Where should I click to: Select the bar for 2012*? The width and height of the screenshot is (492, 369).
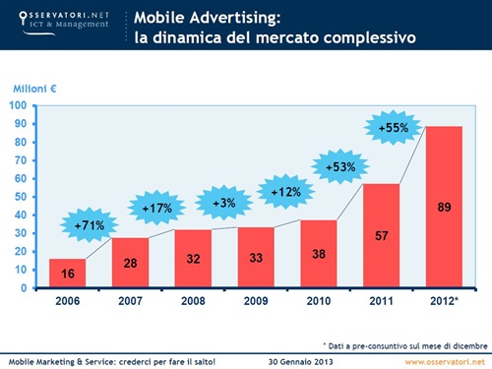point(443,207)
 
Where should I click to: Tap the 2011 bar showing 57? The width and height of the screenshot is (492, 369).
point(382,236)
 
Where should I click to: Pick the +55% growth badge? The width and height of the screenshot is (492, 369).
point(395,127)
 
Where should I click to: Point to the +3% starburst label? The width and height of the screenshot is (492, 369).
point(223,203)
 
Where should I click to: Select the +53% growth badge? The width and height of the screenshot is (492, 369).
point(339,167)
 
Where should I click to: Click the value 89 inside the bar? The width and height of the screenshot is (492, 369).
point(443,207)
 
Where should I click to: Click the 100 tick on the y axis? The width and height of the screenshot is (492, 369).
point(18,105)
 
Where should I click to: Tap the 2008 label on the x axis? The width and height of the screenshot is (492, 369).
point(193,302)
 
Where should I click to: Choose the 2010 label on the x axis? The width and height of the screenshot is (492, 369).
point(319,302)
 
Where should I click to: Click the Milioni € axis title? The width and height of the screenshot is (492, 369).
point(32,90)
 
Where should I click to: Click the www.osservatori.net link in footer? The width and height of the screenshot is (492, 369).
point(442,361)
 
